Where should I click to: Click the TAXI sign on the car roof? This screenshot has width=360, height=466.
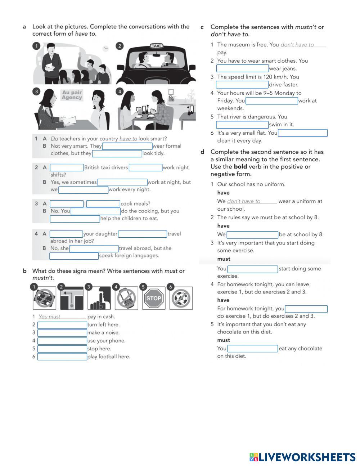click(156, 46)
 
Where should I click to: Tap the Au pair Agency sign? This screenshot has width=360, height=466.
click(72, 95)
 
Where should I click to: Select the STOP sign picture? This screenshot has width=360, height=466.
click(154, 298)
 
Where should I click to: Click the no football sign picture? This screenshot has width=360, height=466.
click(181, 298)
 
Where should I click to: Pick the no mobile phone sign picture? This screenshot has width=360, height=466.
click(126, 298)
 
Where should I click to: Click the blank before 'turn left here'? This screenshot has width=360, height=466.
click(62, 325)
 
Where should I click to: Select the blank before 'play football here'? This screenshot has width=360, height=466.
click(62, 357)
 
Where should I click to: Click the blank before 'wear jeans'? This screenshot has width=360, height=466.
click(242, 68)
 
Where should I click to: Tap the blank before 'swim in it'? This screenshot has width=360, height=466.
click(242, 125)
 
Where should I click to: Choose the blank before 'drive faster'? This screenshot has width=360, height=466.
click(242, 85)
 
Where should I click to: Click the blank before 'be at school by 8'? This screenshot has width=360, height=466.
click(252, 234)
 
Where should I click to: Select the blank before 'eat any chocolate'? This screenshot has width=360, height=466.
click(252, 349)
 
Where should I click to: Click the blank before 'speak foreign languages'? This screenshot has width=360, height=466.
click(74, 256)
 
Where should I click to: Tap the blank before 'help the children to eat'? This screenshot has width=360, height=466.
click(75, 219)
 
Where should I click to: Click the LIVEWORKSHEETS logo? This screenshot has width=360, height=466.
click(302, 457)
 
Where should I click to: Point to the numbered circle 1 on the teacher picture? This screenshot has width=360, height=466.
click(36, 46)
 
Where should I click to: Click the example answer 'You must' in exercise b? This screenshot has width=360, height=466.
click(50, 317)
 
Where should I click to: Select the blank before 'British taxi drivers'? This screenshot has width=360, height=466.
click(67, 167)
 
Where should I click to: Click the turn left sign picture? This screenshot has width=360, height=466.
click(72, 298)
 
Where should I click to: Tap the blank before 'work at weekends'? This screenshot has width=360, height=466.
click(271, 101)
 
